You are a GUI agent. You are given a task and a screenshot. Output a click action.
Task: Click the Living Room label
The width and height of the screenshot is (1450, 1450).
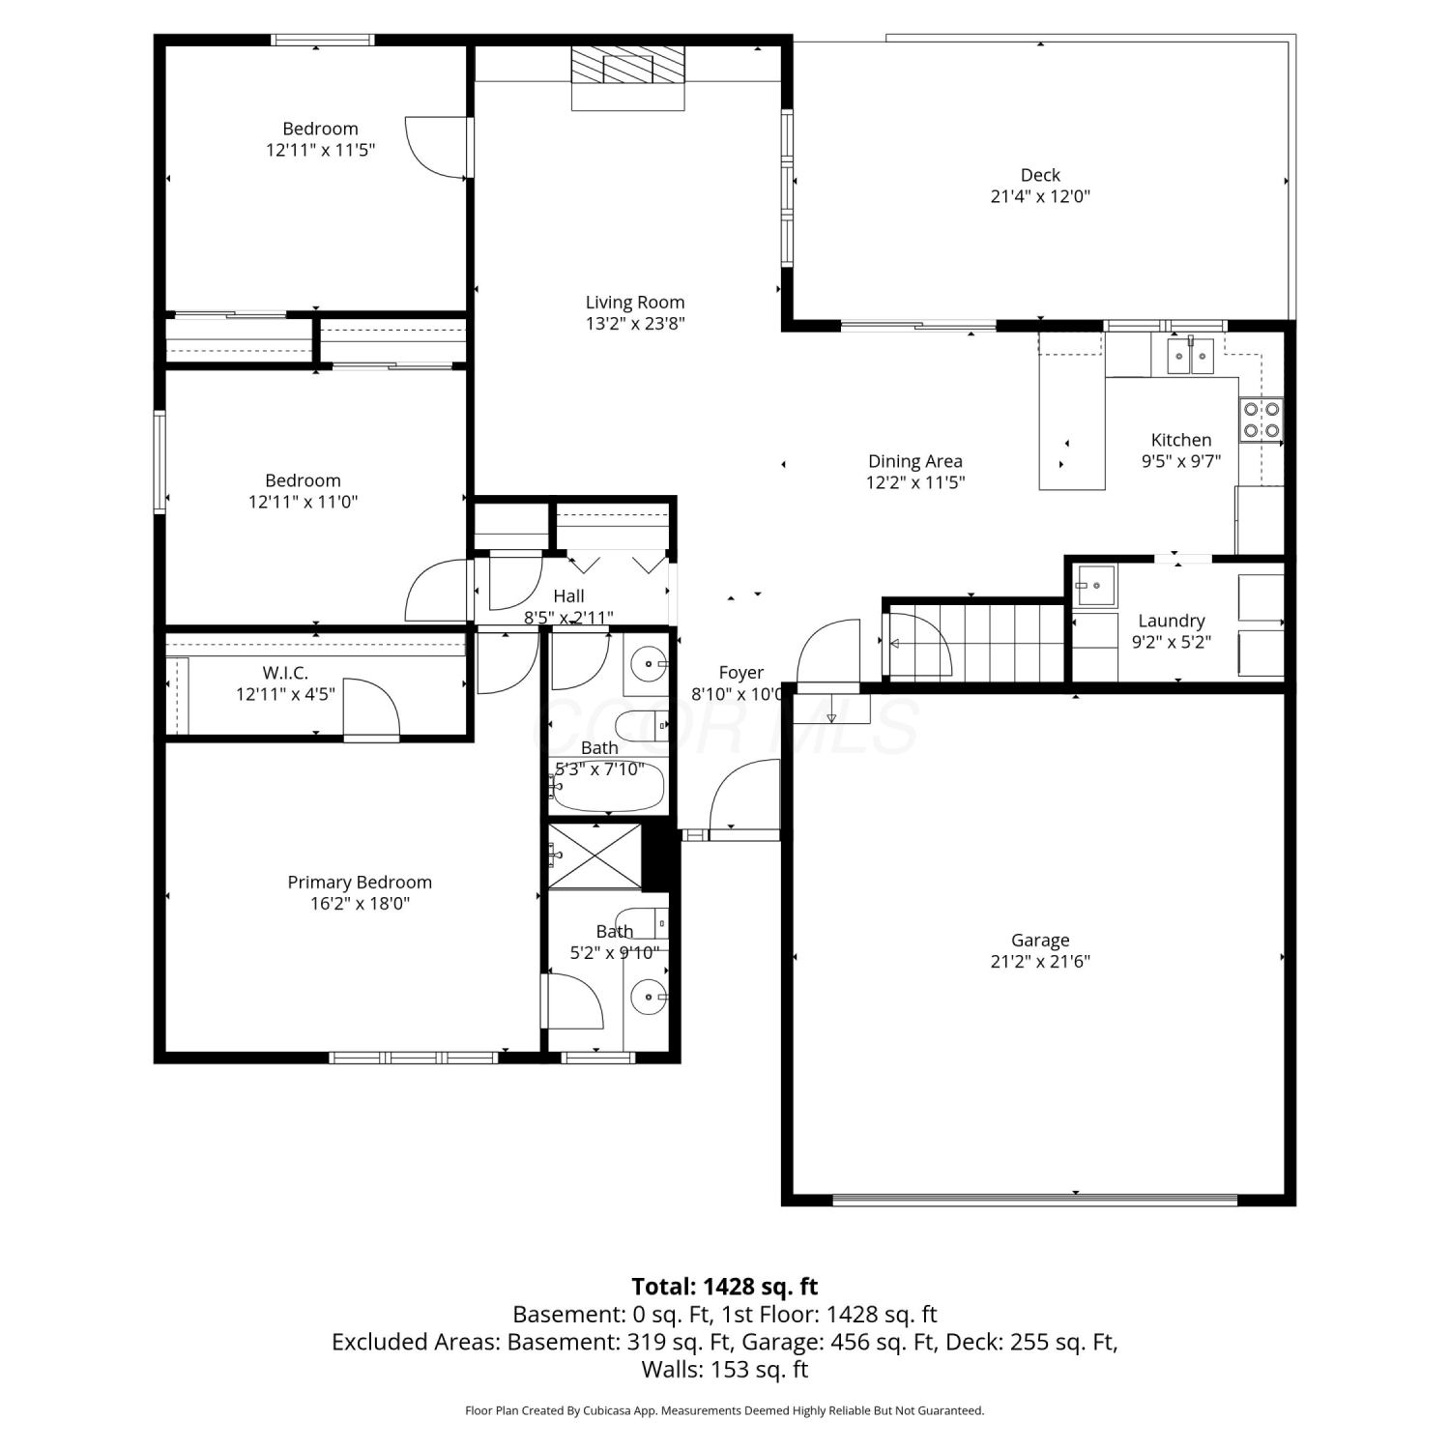635,303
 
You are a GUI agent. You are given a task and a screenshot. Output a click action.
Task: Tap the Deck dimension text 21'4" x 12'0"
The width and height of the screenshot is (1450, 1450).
1040,196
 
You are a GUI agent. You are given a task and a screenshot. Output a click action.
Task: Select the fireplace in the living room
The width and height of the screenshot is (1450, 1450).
627,77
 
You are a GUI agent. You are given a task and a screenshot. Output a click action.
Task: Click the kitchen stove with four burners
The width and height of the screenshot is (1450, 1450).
1261,420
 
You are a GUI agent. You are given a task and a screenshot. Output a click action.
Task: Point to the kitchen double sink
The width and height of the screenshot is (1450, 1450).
1190,356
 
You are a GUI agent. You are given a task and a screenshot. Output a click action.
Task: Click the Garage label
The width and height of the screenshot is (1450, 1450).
1040,940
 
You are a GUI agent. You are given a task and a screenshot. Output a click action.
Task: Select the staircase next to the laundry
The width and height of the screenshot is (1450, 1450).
976,641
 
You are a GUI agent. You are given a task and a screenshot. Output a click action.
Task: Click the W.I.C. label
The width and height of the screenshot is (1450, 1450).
285,673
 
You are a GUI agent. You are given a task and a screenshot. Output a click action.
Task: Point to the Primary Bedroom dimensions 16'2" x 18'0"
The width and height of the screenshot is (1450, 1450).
360,904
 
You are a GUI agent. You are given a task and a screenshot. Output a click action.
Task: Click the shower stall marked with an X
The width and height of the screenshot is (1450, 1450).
594,855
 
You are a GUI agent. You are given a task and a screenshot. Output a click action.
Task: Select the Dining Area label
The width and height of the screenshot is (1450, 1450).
915,461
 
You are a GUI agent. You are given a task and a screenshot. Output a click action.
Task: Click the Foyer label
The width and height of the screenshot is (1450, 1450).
741,673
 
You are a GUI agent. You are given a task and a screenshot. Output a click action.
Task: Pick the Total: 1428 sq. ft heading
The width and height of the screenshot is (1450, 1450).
725,1287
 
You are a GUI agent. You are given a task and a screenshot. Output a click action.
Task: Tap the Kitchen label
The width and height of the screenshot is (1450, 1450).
1181,440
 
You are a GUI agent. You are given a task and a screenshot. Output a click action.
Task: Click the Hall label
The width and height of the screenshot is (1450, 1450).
568,596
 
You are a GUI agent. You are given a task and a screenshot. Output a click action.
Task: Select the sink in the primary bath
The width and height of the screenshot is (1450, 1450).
648,996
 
